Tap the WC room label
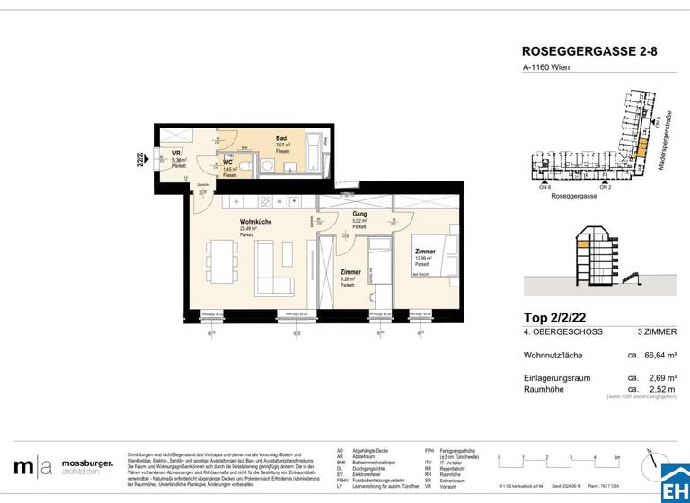tap(228, 162)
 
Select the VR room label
tap(177, 154)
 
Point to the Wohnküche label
tap(255, 221)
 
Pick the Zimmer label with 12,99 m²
tap(425, 252)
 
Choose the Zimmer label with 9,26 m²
tap(350, 270)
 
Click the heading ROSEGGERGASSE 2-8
tap(588, 52)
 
